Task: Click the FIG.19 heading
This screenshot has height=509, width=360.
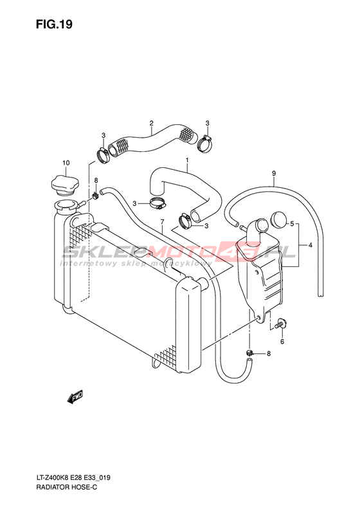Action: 54,24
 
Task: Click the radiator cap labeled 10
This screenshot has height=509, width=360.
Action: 65,185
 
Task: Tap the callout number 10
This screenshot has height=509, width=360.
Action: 66,163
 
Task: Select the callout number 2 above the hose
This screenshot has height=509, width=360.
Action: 151,123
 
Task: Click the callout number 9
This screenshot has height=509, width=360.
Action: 274,173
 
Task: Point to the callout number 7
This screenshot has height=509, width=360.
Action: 162,221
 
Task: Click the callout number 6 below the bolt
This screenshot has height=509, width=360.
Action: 282,342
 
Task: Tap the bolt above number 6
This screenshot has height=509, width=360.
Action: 280,323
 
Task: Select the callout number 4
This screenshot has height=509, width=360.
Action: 310,245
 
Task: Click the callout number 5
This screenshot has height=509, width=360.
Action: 292,223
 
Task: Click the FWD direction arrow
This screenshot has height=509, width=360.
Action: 75,397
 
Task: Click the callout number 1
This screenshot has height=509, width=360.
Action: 187,160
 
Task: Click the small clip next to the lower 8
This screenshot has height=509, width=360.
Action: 249,352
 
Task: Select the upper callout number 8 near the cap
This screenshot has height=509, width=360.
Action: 96,180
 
